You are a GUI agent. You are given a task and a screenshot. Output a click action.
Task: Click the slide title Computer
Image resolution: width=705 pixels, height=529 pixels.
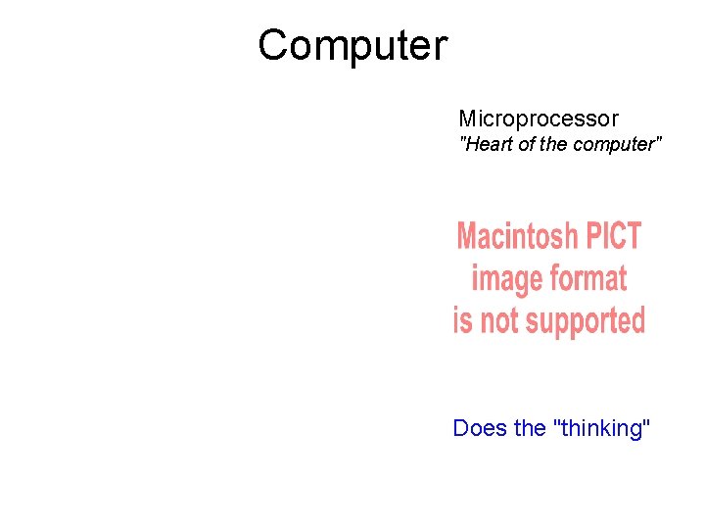click(352, 45)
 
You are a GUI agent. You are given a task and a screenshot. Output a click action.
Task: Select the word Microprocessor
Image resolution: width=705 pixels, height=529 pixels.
click(539, 120)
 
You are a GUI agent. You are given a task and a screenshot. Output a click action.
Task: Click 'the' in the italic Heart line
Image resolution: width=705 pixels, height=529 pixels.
click(552, 145)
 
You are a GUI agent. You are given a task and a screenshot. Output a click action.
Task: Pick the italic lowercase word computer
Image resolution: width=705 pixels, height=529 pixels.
click(612, 145)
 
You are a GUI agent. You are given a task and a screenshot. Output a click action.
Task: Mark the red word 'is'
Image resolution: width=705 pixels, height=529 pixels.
click(462, 321)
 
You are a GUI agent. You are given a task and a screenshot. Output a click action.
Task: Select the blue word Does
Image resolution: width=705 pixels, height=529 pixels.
click(480, 428)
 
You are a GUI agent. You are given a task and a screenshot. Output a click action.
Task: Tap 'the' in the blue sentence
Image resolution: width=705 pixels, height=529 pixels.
click(530, 428)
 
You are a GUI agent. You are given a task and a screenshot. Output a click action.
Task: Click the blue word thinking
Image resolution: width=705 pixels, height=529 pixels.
click(601, 429)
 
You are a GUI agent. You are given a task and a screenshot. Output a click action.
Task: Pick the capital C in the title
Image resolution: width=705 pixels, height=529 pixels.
click(274, 45)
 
